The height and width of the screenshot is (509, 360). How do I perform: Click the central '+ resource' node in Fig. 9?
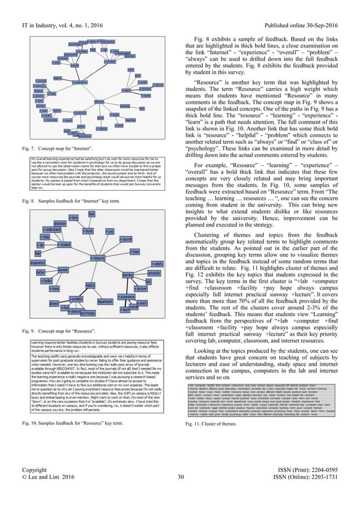[98, 258]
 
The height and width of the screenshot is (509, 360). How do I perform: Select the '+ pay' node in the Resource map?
[111, 231]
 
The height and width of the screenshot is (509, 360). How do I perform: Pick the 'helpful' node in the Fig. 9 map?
[90, 285]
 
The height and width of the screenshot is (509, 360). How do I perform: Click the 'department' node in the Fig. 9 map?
[104, 301]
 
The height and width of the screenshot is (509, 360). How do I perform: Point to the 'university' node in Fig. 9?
[155, 273]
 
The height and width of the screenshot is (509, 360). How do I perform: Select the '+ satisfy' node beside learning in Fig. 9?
[157, 264]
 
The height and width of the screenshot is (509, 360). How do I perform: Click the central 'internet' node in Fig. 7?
[99, 102]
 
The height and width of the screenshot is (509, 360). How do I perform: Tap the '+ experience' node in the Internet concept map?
[80, 82]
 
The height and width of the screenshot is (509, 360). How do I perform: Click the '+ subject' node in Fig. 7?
[102, 129]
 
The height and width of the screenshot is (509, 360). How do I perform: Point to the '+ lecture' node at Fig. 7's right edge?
[158, 85]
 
